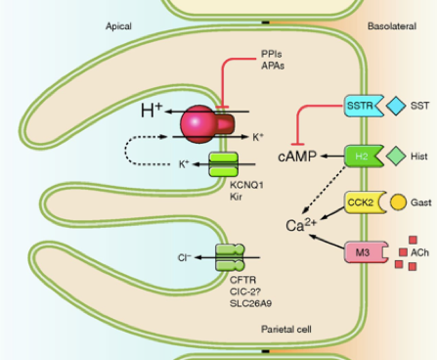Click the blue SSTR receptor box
click(358, 105)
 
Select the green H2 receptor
click(359, 156)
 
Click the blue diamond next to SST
click(396, 105)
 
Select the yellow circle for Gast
click(399, 202)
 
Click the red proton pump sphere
click(200, 122)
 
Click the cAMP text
click(297, 157)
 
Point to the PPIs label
click(273, 54)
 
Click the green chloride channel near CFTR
click(231, 258)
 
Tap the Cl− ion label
click(184, 258)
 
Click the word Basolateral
click(393, 26)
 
